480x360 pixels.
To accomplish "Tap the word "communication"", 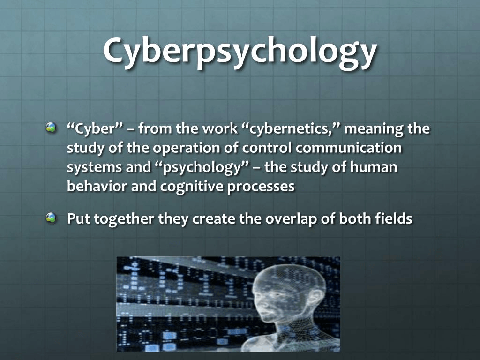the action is tap(348, 148).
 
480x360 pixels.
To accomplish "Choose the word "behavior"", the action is tap(97, 186).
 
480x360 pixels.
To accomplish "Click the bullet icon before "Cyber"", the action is tap(51, 127).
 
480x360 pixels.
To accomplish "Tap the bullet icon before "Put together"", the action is tap(51, 217).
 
